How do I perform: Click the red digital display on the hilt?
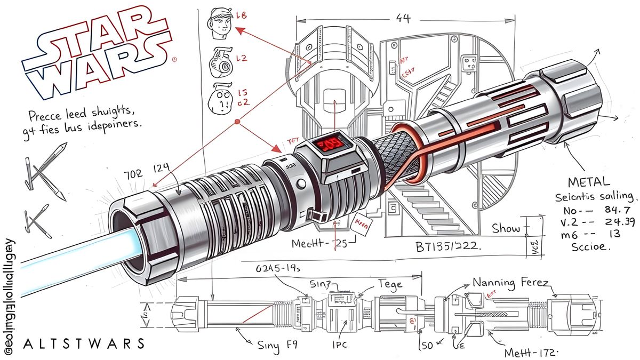326,145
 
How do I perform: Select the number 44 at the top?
404,18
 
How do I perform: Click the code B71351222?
445,247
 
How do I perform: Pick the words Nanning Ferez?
510,284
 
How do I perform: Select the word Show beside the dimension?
506,229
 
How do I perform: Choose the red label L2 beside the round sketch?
241,58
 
